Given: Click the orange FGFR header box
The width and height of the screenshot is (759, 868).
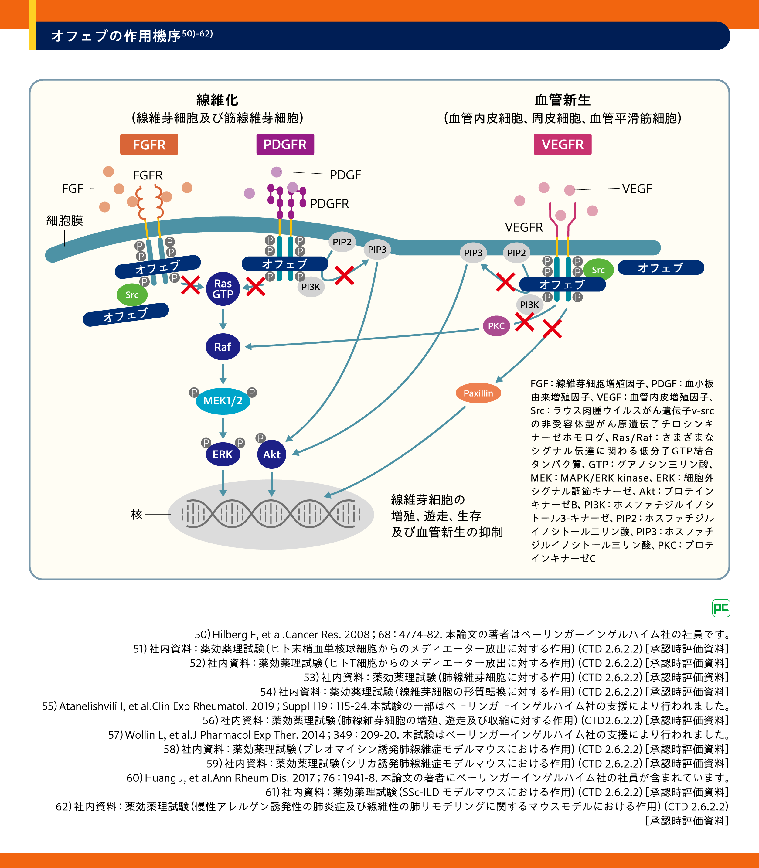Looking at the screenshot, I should click(149, 145).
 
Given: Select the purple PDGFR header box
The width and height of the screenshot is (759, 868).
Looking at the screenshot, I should click(285, 145).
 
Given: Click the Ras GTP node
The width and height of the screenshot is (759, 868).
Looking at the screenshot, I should click(223, 289).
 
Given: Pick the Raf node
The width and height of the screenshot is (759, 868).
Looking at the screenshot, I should click(223, 347).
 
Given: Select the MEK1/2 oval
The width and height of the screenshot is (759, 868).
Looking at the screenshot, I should click(223, 400).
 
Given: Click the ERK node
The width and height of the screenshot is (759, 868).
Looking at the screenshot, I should click(223, 454).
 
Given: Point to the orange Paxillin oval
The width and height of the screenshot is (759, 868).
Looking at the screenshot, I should click(478, 393).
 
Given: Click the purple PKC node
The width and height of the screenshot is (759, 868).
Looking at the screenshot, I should click(496, 326).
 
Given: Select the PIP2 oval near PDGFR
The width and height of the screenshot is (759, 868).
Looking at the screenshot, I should click(342, 242).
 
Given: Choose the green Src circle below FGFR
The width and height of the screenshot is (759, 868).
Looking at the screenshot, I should click(132, 295).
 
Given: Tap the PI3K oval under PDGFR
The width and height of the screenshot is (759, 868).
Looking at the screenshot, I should click(311, 287).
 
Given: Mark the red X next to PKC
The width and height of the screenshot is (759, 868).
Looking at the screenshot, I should click(524, 322).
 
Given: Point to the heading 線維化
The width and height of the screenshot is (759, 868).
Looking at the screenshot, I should click(217, 100).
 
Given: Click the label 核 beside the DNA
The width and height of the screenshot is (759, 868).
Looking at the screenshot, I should click(136, 514).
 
